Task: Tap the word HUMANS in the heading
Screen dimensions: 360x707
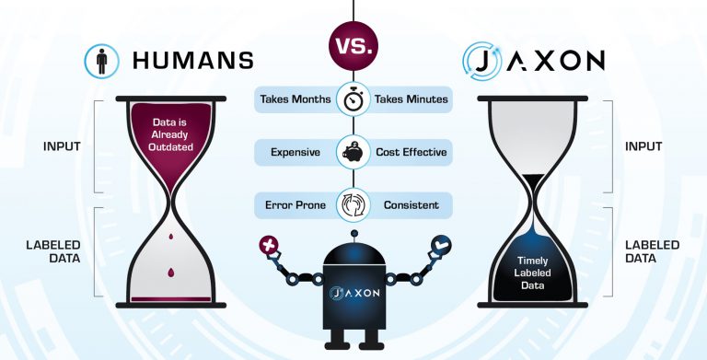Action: pos(193,61)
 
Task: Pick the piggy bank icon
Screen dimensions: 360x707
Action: pos(353,151)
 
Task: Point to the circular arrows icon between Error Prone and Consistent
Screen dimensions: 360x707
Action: pos(353,203)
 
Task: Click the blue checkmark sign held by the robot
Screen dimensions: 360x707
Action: pos(439,245)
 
